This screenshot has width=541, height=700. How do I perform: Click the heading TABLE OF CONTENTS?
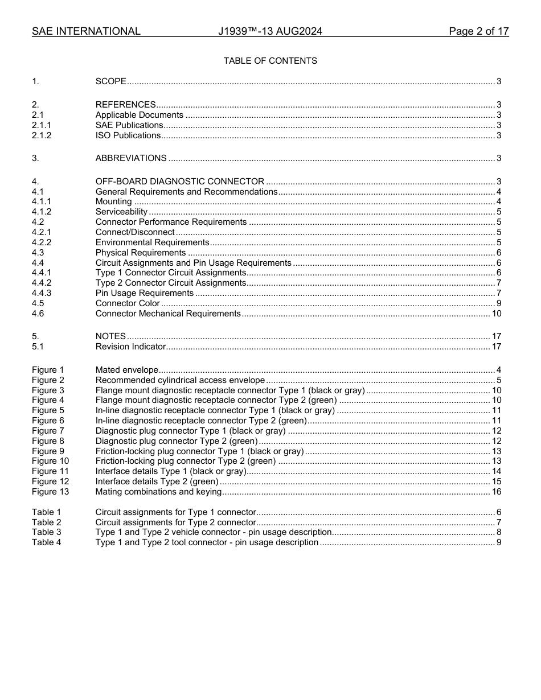tap(270, 61)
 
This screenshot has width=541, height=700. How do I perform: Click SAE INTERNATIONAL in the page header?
tap(86, 31)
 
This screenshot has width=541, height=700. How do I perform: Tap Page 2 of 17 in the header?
tap(478, 31)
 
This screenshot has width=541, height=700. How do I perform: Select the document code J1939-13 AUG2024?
tap(270, 31)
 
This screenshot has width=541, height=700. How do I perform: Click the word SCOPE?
tap(110, 81)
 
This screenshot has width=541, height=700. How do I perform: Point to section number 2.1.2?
tap(42, 135)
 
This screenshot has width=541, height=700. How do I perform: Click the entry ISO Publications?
tap(128, 135)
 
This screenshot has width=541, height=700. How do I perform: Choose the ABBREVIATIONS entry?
tap(131, 158)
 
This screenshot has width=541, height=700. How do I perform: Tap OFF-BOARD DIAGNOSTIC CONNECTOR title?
tap(179, 182)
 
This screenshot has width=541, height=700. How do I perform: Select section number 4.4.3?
tap(42, 293)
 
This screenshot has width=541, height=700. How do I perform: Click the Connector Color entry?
tap(128, 303)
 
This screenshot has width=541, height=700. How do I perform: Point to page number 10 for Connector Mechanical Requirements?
tap(496, 314)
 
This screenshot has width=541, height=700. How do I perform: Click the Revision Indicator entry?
tap(130, 347)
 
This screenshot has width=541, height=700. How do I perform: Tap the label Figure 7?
tap(48, 431)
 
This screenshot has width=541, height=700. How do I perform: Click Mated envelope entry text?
tap(126, 370)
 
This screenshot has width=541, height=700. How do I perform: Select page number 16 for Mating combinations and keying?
tap(496, 492)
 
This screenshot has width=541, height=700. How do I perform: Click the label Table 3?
tap(46, 532)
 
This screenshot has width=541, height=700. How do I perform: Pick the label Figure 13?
tap(50, 492)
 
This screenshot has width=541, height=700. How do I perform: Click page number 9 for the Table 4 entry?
tap(498, 542)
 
